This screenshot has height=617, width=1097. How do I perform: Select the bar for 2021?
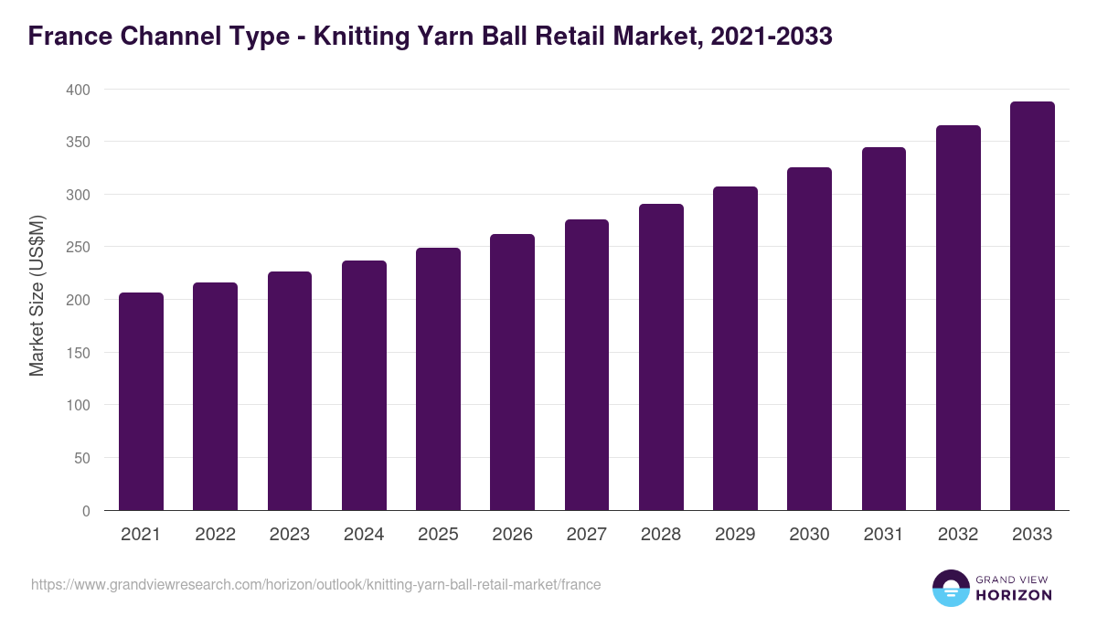(x=141, y=402)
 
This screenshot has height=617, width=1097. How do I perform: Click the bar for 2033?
(x=1032, y=306)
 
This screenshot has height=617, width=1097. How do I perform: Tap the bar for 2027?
(x=587, y=366)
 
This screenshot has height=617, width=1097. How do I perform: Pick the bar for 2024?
(x=364, y=386)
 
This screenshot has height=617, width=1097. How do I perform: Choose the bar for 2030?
(x=809, y=339)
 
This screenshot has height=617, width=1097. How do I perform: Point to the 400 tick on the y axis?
(x=79, y=90)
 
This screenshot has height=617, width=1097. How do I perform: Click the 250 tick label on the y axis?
(x=79, y=248)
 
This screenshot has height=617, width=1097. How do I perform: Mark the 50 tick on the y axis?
(x=82, y=458)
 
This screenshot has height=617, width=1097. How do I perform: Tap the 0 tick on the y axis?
(x=86, y=511)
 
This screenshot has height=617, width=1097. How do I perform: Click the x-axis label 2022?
(x=215, y=535)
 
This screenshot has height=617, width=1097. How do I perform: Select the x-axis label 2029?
(x=735, y=535)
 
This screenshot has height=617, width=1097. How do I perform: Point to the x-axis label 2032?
(x=958, y=535)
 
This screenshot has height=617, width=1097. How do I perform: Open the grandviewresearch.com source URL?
(x=315, y=584)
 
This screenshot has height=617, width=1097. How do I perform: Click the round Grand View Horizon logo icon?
(x=951, y=588)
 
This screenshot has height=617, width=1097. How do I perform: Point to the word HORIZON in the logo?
(x=1014, y=595)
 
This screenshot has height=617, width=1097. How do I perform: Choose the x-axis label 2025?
(x=438, y=535)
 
